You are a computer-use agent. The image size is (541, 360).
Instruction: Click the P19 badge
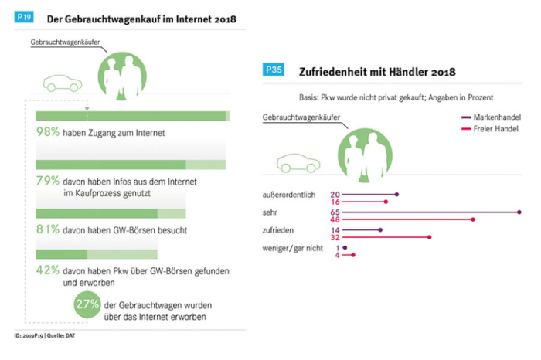click(x=26, y=17)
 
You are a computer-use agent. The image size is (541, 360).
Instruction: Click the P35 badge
click(x=274, y=70)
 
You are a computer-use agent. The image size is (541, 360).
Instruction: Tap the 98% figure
click(x=48, y=133)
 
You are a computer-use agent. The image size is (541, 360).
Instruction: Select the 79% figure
click(x=48, y=181)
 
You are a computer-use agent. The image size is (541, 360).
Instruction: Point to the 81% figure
click(x=48, y=229)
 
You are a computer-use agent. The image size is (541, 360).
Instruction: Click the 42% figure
click(x=48, y=270)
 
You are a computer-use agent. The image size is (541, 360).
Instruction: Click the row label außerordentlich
click(x=289, y=195)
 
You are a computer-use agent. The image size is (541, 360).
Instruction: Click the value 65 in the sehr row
click(x=335, y=211)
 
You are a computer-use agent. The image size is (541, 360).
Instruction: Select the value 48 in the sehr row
click(x=335, y=219)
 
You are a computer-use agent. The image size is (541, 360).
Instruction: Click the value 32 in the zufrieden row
click(x=335, y=238)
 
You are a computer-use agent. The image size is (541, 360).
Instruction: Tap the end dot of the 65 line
click(x=519, y=211)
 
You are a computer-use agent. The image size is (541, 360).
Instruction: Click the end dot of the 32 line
click(x=430, y=238)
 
